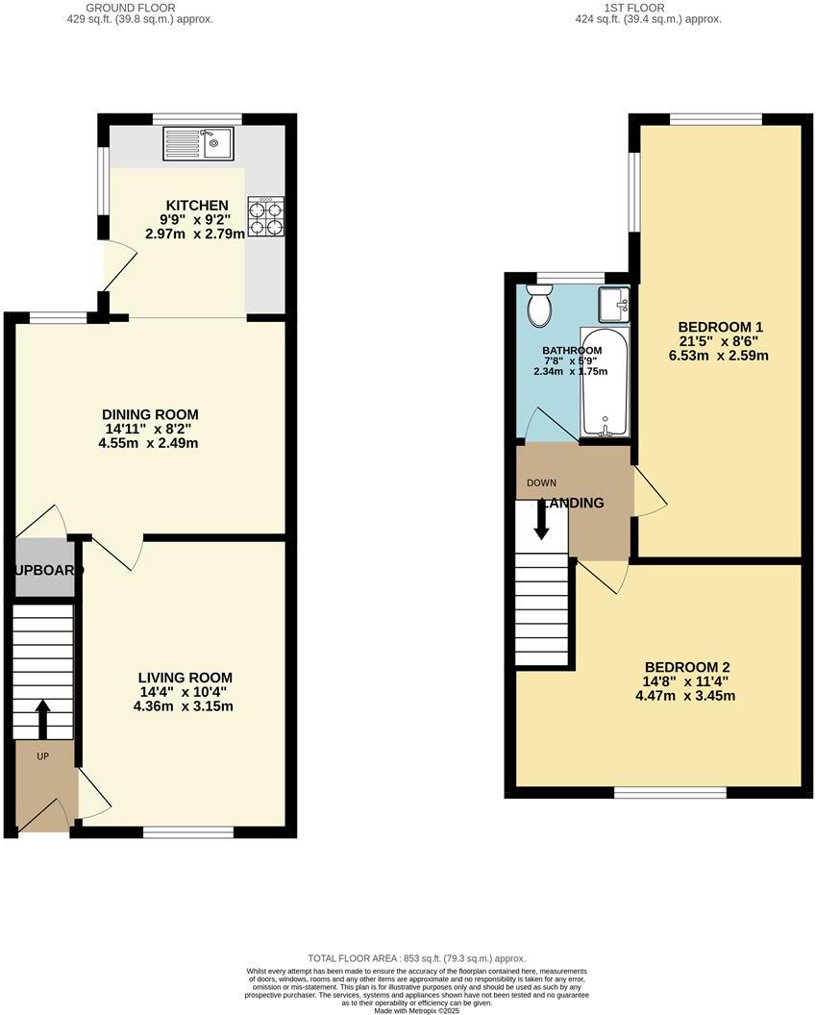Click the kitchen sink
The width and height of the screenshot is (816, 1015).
coord(197,144)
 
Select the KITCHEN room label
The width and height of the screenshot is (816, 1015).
coord(197,206)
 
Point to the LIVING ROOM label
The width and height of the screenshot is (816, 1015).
coord(184,677)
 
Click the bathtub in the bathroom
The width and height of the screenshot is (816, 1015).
coord(605,384)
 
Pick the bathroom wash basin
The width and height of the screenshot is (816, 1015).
coord(611,306)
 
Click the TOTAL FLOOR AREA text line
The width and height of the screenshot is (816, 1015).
coord(416,958)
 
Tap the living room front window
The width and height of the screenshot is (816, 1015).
coord(188,831)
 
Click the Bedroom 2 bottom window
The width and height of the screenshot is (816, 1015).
coord(670,792)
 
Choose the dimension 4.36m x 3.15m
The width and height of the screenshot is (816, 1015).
coord(184,706)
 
